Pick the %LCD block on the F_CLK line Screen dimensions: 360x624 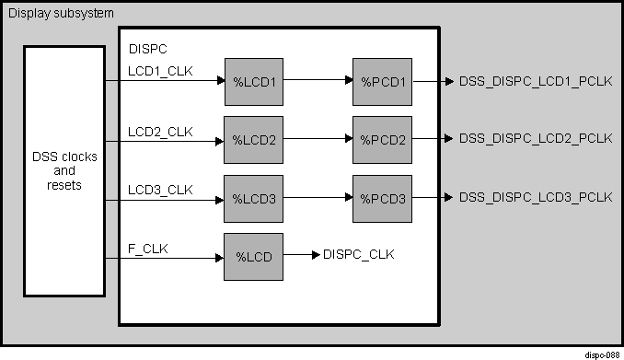coord(253,256)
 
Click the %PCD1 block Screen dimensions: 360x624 coord(382,81)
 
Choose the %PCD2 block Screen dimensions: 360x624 coord(382,140)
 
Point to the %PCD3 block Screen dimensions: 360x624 coord(382,198)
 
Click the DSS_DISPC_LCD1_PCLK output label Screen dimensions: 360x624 coord(536,81)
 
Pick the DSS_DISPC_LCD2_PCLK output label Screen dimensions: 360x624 coord(536,139)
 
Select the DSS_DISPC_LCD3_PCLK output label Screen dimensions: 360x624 coord(536,197)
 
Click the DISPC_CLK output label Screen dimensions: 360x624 coord(359,255)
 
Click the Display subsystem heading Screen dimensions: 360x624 coord(61,13)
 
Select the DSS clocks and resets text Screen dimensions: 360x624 coord(64,171)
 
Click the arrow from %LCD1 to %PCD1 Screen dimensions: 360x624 coord(318,81)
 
